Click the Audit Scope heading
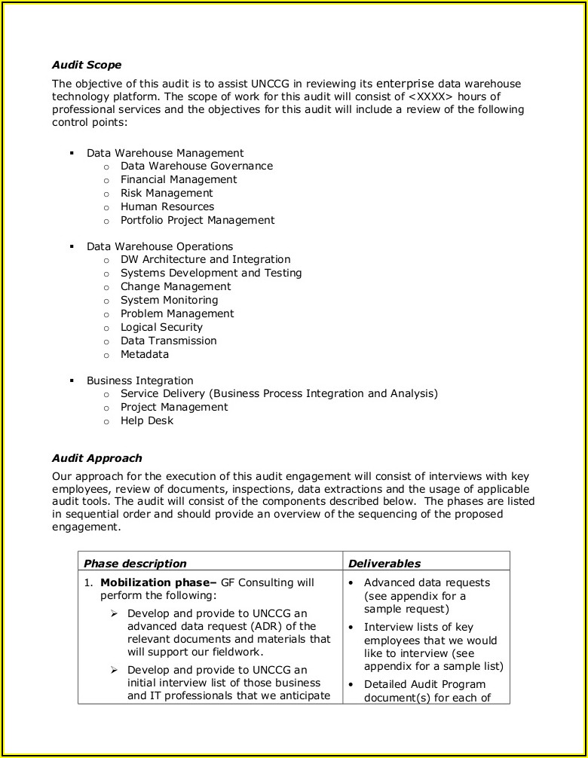(x=87, y=65)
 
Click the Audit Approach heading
(x=96, y=457)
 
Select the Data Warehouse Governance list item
(x=197, y=166)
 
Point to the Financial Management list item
(x=179, y=179)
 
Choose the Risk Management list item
(x=167, y=193)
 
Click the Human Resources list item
(x=167, y=206)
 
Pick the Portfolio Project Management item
(x=198, y=220)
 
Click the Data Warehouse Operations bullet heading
(x=160, y=246)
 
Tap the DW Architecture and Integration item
(x=205, y=259)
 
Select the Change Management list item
(x=176, y=286)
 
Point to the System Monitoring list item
(x=169, y=300)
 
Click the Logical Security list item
(x=161, y=327)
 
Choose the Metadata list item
(x=145, y=354)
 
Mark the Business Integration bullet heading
(x=140, y=381)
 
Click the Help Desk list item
(x=147, y=420)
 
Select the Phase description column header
(x=135, y=563)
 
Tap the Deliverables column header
(x=384, y=563)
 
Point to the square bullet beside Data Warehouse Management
(x=72, y=152)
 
